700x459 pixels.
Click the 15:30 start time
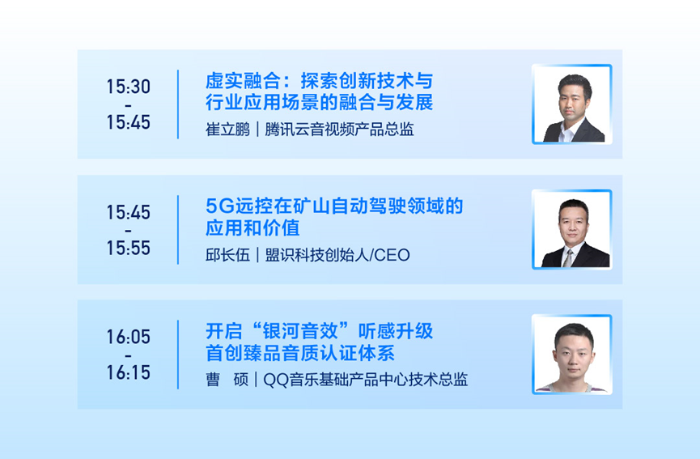(x=128, y=87)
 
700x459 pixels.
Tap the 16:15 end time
(x=128, y=372)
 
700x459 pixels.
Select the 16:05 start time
(x=128, y=337)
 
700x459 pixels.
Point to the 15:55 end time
(x=128, y=248)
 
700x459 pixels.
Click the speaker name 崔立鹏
(x=227, y=130)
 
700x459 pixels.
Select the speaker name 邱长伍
(x=227, y=255)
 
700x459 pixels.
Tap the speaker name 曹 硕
(x=227, y=380)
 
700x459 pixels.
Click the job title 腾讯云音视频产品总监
(x=339, y=130)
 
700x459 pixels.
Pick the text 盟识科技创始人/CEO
(x=337, y=255)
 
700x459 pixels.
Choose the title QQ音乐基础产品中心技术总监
(x=366, y=380)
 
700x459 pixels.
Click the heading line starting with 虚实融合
(x=319, y=81)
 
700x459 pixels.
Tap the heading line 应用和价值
(x=252, y=228)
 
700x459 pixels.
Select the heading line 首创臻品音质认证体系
(x=300, y=353)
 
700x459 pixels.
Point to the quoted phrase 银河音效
(x=300, y=331)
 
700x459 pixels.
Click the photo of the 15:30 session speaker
(x=572, y=104)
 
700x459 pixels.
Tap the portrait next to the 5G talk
(x=572, y=230)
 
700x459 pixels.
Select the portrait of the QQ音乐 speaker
(x=572, y=355)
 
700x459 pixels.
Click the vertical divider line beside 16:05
(x=178, y=355)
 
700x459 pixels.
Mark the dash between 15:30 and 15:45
(x=128, y=106)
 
